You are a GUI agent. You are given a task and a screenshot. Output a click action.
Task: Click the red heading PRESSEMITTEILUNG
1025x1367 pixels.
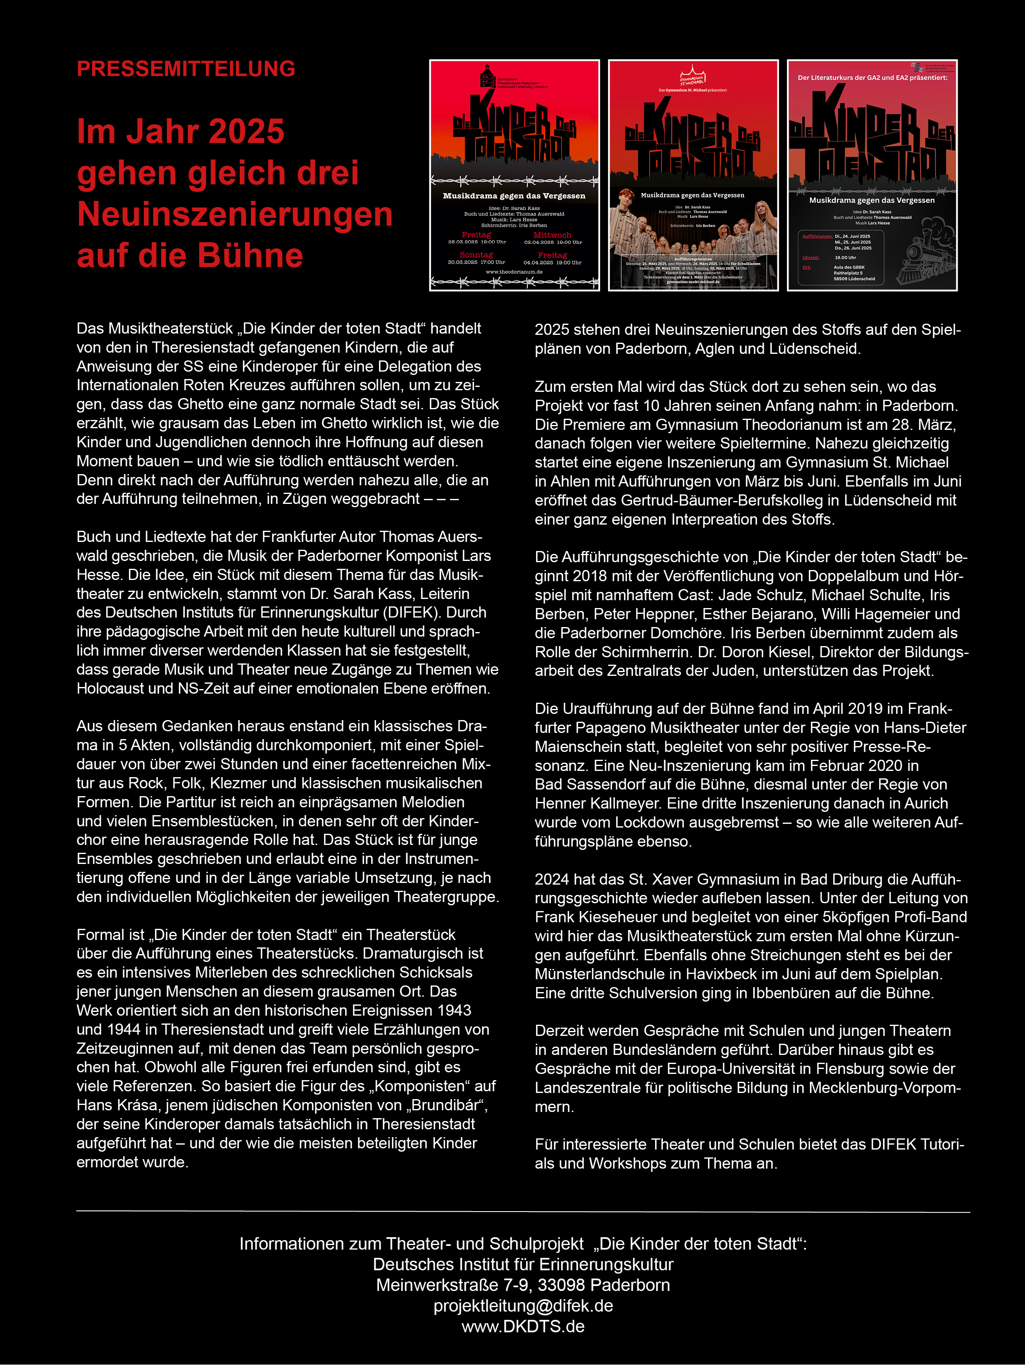(185, 69)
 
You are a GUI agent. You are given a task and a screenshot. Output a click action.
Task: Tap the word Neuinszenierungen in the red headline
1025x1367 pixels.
(235, 215)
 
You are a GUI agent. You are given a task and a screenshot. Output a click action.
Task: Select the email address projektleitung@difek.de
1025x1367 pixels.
(523, 1306)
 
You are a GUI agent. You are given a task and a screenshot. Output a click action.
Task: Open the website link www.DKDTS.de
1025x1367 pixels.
(523, 1326)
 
